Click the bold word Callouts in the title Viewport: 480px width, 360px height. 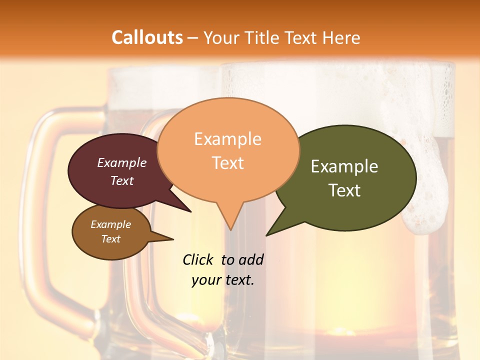pyautogui.click(x=147, y=37)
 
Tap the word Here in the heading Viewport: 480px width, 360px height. pyautogui.click(x=341, y=37)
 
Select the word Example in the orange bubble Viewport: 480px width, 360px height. pyautogui.click(x=227, y=139)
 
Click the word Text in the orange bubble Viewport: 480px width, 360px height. pyautogui.click(x=227, y=163)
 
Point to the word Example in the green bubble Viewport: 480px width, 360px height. pyautogui.click(x=344, y=166)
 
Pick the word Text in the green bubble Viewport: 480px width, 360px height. pyautogui.click(x=344, y=190)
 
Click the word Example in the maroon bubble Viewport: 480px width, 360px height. pyautogui.click(x=122, y=162)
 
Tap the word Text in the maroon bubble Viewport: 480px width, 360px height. pyautogui.click(x=122, y=180)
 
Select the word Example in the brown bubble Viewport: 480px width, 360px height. pyautogui.click(x=111, y=224)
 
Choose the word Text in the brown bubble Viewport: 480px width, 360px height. pyautogui.click(x=111, y=239)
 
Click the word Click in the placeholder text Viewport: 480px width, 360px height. pyautogui.click(x=199, y=259)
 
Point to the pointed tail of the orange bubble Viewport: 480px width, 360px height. pyautogui.click(x=230, y=225)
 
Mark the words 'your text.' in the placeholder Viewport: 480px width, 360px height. pyautogui.click(x=223, y=280)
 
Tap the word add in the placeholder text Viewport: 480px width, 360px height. pyautogui.click(x=250, y=259)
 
